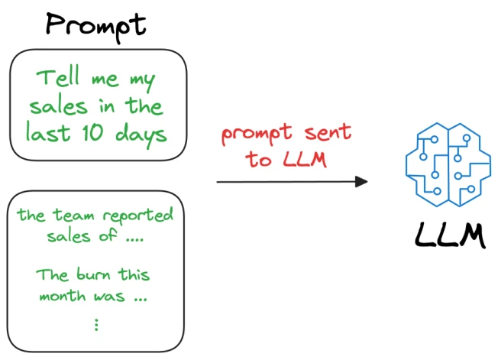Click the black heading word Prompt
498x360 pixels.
(x=96, y=27)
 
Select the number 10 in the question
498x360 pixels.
(x=92, y=132)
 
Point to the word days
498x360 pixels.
(x=141, y=135)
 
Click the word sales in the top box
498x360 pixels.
(x=59, y=105)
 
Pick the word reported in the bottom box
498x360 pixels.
(x=137, y=216)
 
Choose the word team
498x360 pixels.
(x=73, y=215)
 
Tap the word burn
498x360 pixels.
(x=93, y=274)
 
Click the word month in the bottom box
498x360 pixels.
(x=63, y=296)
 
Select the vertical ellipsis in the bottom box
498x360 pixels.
(x=96, y=325)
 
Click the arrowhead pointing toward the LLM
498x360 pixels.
(x=361, y=182)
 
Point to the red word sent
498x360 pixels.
(x=328, y=132)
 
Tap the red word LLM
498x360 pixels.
(x=305, y=158)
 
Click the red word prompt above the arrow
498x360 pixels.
(x=257, y=134)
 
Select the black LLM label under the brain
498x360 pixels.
(x=451, y=235)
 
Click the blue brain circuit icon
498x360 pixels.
(x=448, y=164)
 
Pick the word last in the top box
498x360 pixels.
(x=47, y=131)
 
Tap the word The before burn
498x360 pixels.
(x=52, y=274)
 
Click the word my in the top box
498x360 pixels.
(x=143, y=81)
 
